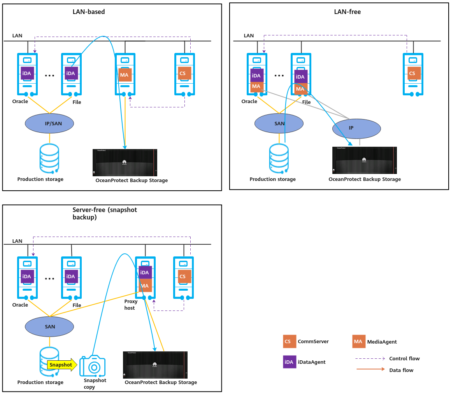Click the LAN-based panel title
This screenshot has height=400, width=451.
89,12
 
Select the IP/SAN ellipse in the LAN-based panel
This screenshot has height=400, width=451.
49,123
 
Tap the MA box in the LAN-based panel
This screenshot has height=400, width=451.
125,75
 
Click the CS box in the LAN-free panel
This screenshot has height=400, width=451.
414,73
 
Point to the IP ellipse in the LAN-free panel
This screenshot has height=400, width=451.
356,128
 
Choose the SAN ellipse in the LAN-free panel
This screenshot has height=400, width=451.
279,123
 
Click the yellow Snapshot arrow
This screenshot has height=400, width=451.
62,365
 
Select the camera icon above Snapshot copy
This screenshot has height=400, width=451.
93,366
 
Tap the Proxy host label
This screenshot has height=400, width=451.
131,305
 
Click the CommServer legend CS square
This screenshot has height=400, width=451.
290,341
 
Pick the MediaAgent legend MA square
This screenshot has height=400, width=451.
359,341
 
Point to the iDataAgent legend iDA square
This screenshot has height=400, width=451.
290,362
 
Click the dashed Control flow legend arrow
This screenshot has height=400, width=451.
370,358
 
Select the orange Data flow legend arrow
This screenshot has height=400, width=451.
370,369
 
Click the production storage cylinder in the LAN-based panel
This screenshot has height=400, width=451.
49,158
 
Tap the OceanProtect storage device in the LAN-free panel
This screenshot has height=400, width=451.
365,160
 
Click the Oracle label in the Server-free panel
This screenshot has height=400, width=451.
20,305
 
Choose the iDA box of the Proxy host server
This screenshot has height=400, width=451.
145,272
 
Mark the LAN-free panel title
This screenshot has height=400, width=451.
347,12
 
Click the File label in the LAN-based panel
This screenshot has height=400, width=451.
77,102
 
